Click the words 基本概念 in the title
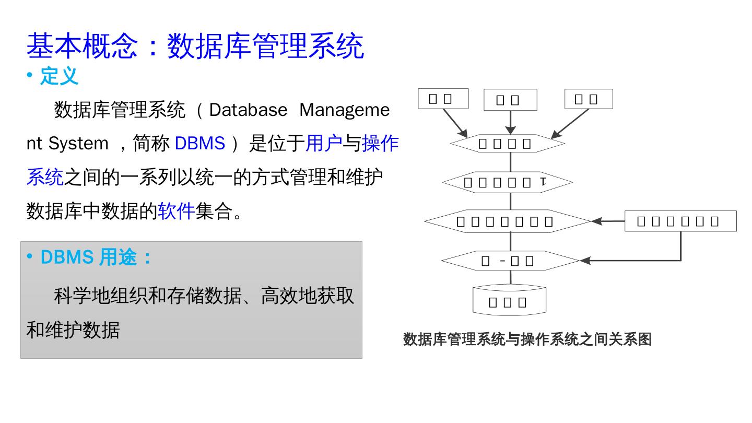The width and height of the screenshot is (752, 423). [x=82, y=46]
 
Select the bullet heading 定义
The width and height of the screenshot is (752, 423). [x=59, y=76]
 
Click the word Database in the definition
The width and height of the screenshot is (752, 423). [x=248, y=110]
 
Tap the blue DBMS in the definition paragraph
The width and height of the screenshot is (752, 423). [x=199, y=144]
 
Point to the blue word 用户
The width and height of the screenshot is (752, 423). [x=324, y=144]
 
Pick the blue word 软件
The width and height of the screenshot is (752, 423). [x=176, y=211]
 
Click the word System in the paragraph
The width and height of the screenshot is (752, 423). [x=78, y=144]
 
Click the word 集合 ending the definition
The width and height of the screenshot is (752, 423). [x=214, y=211]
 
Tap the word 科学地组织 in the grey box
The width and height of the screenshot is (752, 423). [x=100, y=296]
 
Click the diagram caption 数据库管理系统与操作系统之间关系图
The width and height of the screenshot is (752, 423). [x=527, y=339]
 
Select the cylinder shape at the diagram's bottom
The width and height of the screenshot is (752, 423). [x=509, y=301]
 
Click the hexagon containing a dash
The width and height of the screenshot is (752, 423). [x=510, y=261]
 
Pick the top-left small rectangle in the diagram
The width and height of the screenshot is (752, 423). [x=443, y=99]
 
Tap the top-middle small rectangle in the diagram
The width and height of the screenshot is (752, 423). [x=510, y=100]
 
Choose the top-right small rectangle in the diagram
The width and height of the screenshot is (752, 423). [x=589, y=99]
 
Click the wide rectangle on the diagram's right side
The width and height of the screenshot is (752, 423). [x=680, y=221]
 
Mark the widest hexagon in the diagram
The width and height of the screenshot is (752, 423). [x=507, y=221]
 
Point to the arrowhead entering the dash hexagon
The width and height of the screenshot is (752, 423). [x=585, y=260]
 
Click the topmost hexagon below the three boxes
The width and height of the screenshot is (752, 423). [x=507, y=144]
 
